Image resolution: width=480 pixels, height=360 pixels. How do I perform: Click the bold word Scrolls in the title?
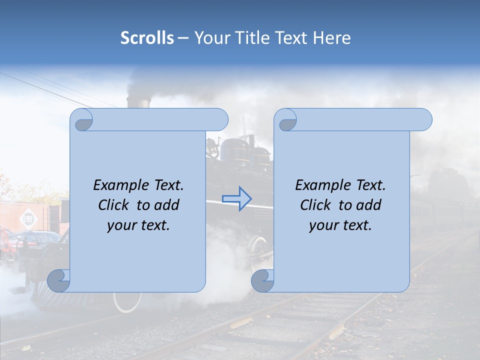pyautogui.click(x=147, y=38)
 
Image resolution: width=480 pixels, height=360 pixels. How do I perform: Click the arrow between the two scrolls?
pyautogui.click(x=236, y=198)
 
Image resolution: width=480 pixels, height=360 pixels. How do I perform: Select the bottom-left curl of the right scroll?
pyautogui.click(x=262, y=280)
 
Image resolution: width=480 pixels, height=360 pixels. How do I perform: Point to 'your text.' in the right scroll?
pyautogui.click(x=340, y=225)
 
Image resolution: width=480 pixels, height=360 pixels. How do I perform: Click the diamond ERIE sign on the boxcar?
pyautogui.click(x=26, y=218)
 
